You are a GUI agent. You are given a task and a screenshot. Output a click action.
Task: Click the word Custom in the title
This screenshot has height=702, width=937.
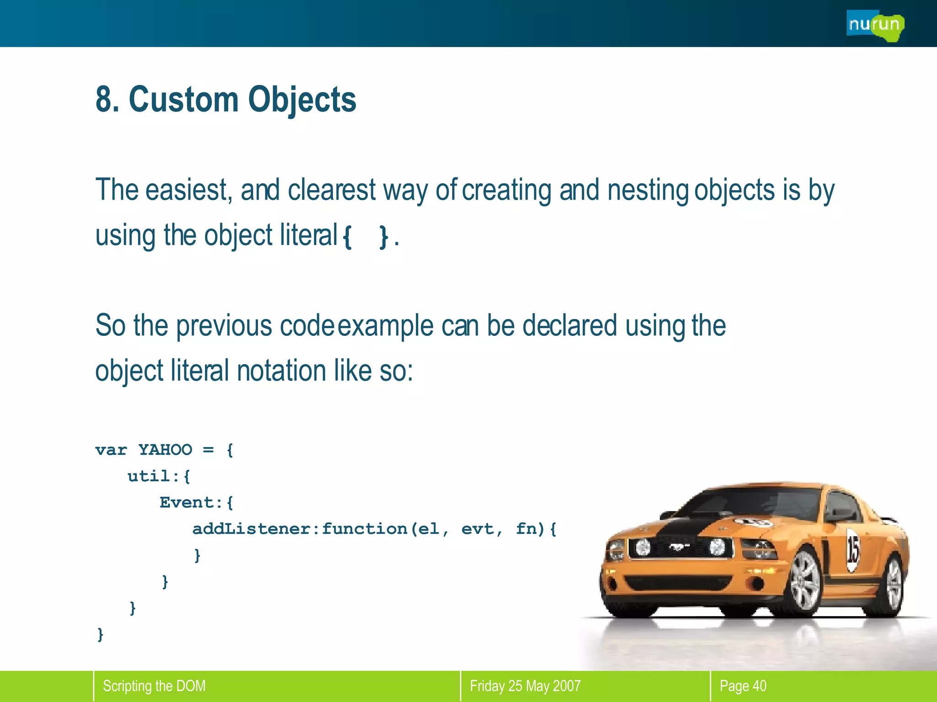click(183, 99)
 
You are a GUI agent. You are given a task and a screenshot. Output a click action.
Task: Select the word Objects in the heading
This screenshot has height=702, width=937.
click(302, 99)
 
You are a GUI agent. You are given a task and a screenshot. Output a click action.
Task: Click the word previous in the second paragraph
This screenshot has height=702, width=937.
click(224, 325)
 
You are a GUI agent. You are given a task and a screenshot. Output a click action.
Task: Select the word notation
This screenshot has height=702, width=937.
click(281, 370)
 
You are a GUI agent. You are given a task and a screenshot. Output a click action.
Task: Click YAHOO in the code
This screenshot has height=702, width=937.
click(165, 450)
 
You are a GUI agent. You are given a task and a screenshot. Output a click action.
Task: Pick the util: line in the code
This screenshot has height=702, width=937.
click(158, 476)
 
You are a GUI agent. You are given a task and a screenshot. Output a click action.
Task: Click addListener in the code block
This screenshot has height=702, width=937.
click(251, 529)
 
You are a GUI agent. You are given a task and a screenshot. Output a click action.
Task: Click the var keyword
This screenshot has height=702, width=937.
click(111, 450)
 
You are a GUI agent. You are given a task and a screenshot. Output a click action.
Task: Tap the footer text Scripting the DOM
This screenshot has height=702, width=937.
click(154, 686)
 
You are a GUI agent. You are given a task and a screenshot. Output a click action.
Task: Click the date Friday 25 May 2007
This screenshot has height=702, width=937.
click(525, 686)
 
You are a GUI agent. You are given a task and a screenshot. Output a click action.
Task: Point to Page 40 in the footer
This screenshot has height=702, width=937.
click(743, 686)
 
